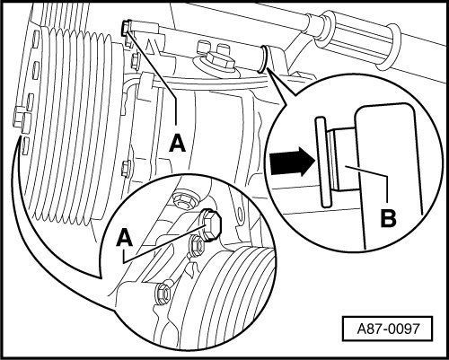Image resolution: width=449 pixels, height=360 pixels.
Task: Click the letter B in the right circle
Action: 388,218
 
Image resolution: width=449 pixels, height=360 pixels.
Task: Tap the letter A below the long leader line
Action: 178,143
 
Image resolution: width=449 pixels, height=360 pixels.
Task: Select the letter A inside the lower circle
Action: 125,238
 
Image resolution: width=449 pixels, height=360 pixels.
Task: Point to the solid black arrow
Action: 292,162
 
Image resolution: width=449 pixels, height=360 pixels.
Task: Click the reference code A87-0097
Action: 388,329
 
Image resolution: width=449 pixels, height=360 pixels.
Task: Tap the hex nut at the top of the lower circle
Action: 184,199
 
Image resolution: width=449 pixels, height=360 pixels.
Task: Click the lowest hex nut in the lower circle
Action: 163,291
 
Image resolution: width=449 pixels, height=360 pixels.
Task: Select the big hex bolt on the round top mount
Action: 220,61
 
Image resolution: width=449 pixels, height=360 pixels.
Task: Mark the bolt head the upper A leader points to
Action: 126,28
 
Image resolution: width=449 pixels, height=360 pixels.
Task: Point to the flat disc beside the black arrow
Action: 323,162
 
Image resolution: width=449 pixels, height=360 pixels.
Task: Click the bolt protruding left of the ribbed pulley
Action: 20,119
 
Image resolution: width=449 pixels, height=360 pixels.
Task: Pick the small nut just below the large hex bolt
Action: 196,246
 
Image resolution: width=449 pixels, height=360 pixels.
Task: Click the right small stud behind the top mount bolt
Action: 223,48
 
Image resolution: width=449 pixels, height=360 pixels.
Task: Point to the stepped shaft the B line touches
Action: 341,160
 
